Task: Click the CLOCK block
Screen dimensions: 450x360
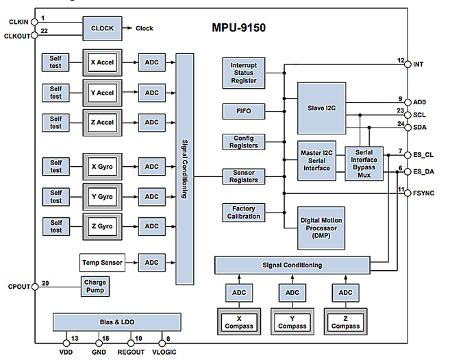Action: tap(102, 28)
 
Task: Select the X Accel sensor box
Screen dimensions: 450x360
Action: tap(102, 62)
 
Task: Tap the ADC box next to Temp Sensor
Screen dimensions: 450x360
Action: tap(152, 263)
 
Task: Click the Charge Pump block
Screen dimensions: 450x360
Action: tap(95, 287)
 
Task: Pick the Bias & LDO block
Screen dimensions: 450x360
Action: tap(117, 322)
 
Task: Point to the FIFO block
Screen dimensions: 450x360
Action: tap(244, 112)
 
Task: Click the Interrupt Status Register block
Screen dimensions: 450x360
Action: tap(244, 73)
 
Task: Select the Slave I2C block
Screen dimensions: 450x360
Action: tap(321, 108)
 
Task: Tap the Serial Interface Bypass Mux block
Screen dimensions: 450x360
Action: tap(364, 164)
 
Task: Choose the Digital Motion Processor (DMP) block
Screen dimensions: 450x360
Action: tap(321, 228)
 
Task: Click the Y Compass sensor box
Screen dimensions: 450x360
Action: tap(292, 322)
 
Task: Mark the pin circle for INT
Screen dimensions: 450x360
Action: tap(408, 64)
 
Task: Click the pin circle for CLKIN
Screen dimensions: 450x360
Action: tap(34, 22)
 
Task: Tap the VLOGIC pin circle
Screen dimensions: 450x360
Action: tap(162, 343)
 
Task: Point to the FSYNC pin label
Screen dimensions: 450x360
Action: tap(423, 193)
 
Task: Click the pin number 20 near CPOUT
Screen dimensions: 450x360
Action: tap(45, 283)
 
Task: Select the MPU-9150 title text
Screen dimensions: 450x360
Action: tap(239, 28)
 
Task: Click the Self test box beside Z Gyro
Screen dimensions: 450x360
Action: tap(56, 227)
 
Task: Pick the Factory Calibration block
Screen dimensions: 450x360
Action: tap(244, 213)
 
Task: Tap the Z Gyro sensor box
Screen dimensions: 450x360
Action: tap(102, 226)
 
